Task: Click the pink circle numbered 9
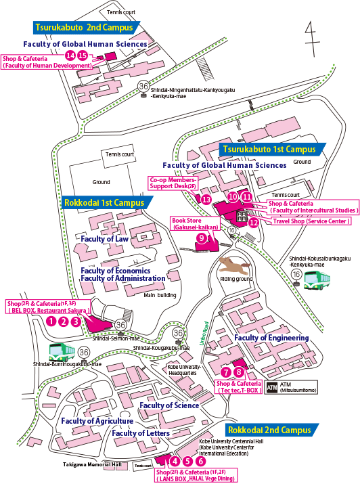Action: tap(202, 238)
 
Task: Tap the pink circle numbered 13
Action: tap(206, 200)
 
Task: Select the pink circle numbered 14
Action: tap(70, 56)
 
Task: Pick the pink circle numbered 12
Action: tap(254, 223)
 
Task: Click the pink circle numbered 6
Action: tap(201, 461)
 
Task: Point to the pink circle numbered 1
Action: tap(51, 321)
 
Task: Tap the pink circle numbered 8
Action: tap(239, 372)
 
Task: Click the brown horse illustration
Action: tap(235, 265)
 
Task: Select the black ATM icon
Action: tap(272, 387)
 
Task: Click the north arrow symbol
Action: tap(312, 39)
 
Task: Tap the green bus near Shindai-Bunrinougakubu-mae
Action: tap(62, 352)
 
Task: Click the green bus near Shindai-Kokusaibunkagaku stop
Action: tap(317, 280)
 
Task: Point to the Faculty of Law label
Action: tap(104, 239)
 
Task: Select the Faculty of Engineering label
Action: tap(271, 338)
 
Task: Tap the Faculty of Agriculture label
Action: tap(97, 421)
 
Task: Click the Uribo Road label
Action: tap(204, 333)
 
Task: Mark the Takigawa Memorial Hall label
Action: tap(93, 464)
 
